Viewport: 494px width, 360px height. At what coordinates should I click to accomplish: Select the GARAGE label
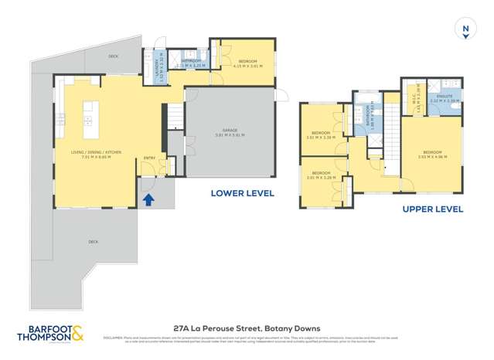coord(230,130)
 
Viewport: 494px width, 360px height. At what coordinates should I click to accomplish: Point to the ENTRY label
coord(148,158)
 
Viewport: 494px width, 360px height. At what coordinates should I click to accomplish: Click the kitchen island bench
coord(88,114)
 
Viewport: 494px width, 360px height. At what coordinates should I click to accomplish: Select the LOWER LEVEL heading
coord(242,193)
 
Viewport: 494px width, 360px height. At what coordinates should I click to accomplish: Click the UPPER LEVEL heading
coord(432,209)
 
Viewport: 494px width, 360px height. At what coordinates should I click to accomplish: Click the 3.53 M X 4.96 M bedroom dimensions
coord(432,157)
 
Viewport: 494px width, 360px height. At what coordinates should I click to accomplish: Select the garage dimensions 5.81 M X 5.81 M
coord(230,135)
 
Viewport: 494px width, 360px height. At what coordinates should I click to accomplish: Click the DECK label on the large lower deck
coord(93,242)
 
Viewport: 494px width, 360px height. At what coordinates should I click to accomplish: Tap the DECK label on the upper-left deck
coord(113,56)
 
